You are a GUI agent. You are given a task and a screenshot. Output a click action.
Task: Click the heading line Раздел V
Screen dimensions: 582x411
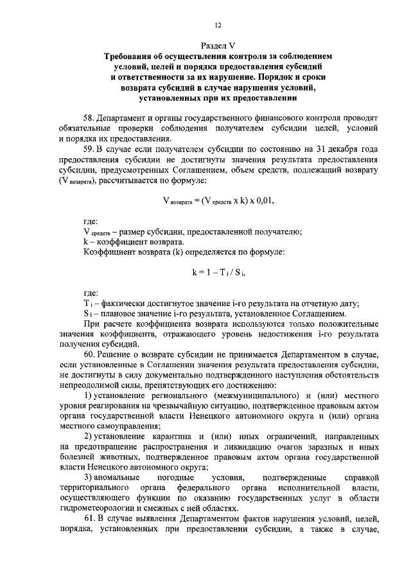[x=218, y=46]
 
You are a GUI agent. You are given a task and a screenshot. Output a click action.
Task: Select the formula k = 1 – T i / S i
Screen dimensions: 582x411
[x=220, y=272]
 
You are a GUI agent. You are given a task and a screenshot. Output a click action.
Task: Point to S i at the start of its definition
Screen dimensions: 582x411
[x=88, y=313]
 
